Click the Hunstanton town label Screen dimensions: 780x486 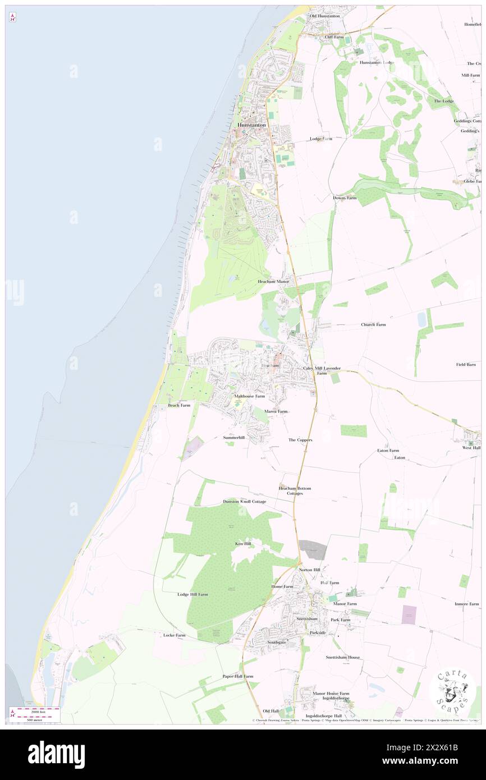[251, 125]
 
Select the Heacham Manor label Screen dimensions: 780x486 [273, 281]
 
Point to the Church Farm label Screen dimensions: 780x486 [373, 324]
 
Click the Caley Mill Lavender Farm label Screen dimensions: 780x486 [322, 370]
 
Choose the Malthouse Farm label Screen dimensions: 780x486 [249, 396]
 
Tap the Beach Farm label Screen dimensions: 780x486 [179, 405]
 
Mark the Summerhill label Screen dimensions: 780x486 [234, 437]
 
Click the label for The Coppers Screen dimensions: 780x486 [300, 440]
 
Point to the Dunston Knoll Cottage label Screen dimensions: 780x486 [245, 501]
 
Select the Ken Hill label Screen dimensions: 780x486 [243, 544]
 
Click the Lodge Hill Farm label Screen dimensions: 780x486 [192, 594]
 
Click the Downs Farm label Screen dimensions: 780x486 [345, 198]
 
